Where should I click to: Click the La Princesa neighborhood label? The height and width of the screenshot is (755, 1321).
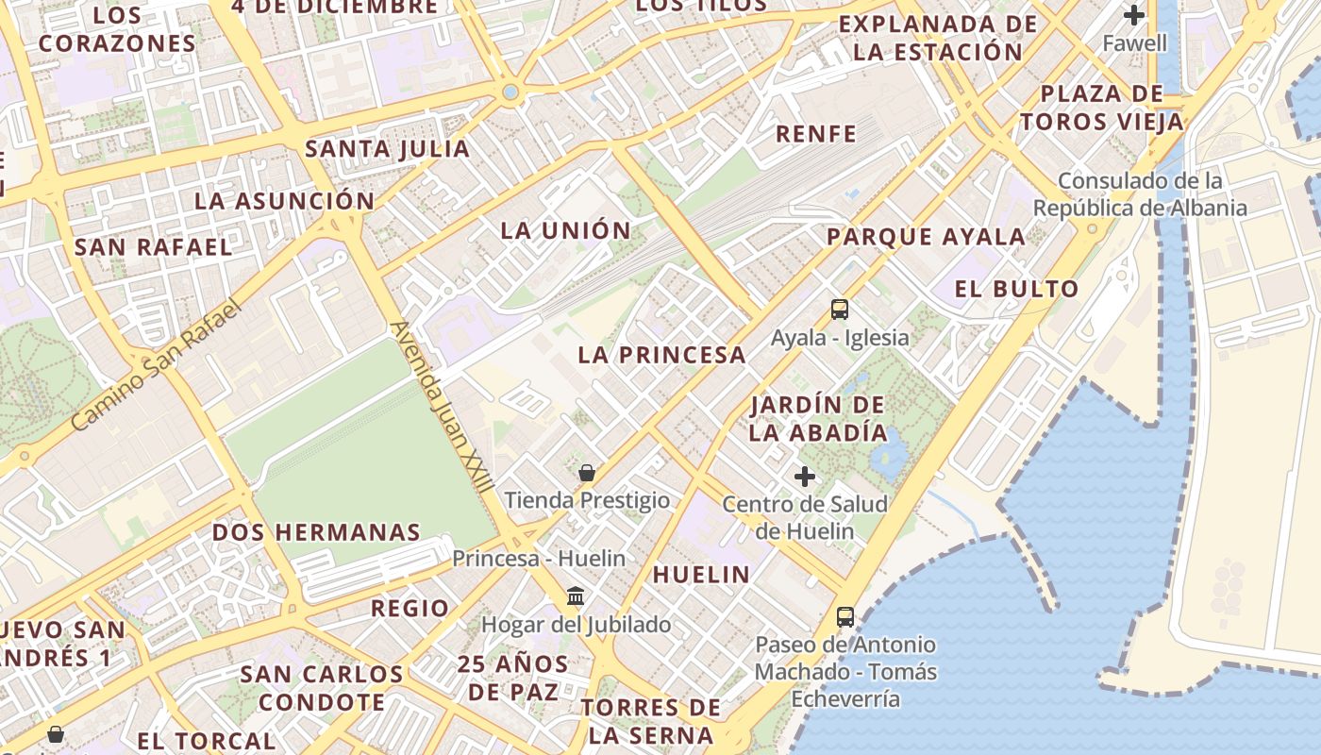(x=661, y=355)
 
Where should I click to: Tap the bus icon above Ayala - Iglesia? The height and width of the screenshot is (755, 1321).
(x=839, y=310)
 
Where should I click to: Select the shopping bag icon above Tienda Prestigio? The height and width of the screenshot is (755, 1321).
(x=587, y=473)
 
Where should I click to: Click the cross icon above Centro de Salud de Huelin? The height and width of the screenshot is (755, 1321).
(x=805, y=477)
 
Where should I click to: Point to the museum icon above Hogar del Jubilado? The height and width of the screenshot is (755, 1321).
(x=576, y=596)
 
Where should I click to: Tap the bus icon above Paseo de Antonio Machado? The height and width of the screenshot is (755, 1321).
(x=845, y=617)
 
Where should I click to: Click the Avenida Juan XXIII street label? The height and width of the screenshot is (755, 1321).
(x=442, y=407)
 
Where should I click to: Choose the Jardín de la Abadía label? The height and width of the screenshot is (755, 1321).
(x=818, y=419)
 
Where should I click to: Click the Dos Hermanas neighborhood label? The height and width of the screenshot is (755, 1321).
(x=316, y=531)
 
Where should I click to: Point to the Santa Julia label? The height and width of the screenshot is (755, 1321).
(x=387, y=148)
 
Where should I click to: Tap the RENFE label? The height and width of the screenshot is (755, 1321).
(x=815, y=134)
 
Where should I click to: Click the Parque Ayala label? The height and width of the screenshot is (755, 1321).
(x=926, y=236)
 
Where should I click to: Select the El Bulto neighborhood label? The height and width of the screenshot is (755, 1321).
(x=1016, y=289)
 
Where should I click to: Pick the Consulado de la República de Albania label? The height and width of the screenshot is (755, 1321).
(x=1140, y=194)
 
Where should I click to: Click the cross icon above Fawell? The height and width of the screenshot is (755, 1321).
(x=1134, y=15)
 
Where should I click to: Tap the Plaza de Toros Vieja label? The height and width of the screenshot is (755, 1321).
(x=1101, y=108)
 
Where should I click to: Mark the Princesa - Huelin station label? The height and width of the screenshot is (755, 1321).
(x=538, y=558)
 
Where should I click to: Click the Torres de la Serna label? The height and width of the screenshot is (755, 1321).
(x=651, y=721)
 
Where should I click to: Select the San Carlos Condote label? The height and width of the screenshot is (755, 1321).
(x=322, y=688)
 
